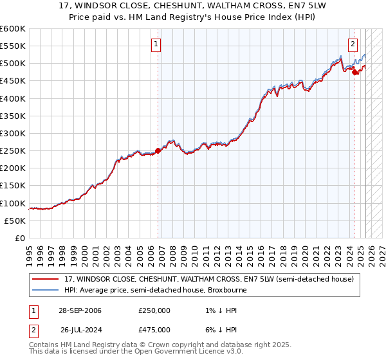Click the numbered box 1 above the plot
pos(156,44)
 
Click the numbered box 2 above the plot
pos(353,44)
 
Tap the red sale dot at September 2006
pos(158,151)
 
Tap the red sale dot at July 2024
pos(354,72)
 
